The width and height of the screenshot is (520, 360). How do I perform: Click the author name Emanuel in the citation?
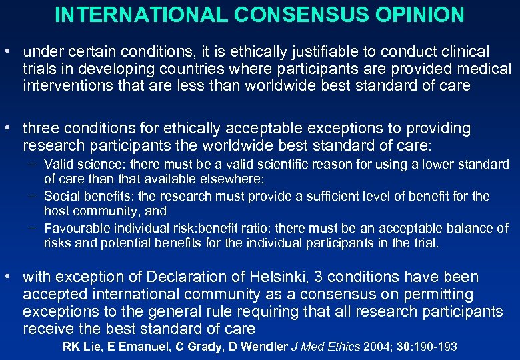(x=137, y=346)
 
